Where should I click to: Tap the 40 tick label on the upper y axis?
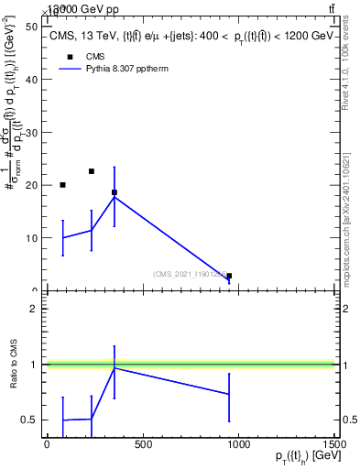pos(31,80)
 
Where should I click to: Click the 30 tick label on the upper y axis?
pos(31,132)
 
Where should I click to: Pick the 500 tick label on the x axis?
pos(142,444)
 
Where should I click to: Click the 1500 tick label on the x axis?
pos(334,444)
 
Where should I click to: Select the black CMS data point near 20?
pos(62,185)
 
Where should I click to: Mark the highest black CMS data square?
pos(92,171)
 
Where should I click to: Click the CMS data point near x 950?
pos(229,276)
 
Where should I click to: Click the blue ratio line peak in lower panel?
pos(114,367)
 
